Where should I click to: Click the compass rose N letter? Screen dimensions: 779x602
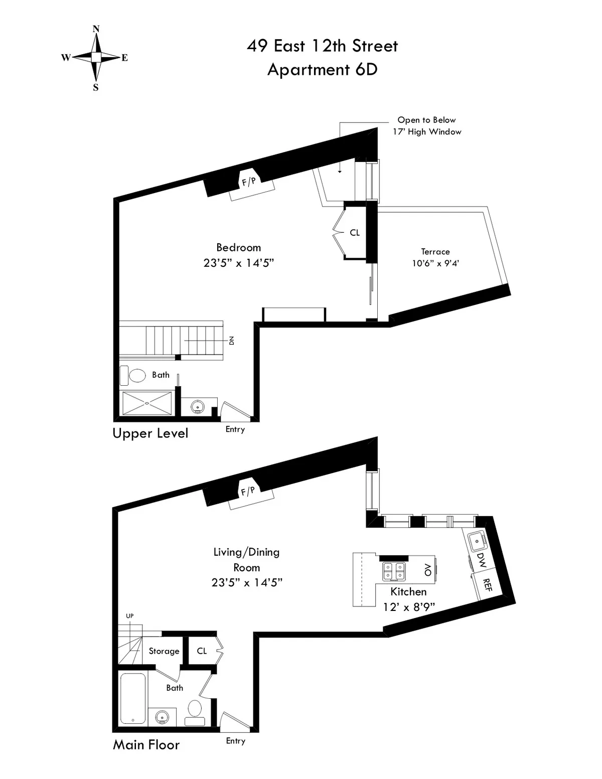pos(96,29)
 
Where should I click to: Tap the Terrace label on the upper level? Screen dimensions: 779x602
pos(435,252)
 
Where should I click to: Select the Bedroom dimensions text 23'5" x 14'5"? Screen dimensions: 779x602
pos(238,263)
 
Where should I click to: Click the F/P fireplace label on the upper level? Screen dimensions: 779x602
pos(249,182)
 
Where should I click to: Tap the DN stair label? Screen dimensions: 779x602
pos(231,341)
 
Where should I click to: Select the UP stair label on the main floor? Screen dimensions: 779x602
pos(130,616)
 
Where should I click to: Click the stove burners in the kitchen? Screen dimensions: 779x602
pos(394,571)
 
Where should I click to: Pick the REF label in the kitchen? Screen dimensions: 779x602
pos(486,585)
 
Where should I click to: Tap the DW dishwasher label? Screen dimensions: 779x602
pos(481,560)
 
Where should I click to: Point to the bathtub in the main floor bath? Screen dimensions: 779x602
pos(133,698)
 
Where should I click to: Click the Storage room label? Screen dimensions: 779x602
pos(164,651)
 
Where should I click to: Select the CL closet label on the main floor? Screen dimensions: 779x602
pos(202,651)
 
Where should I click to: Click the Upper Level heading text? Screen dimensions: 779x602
pos(150,433)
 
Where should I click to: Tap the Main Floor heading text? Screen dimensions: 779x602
pos(146,745)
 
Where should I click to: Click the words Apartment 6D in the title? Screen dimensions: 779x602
pos(322,69)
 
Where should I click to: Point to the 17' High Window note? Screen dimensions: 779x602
pos(427,132)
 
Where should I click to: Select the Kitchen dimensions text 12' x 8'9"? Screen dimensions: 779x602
pos(408,607)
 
